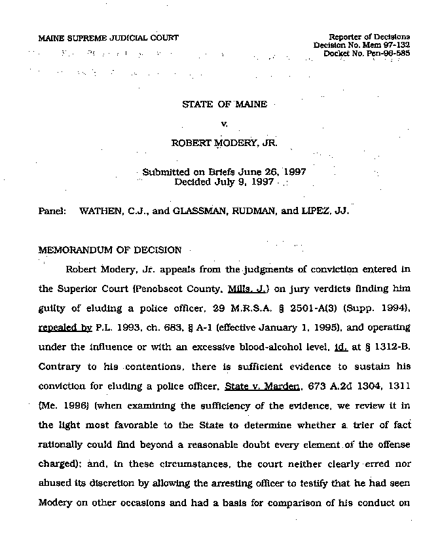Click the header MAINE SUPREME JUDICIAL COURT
(109, 38)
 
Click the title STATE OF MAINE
(225, 104)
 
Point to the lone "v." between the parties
(225, 122)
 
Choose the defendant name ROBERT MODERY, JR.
(224, 141)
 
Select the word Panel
(52, 212)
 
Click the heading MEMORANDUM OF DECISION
(111, 249)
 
